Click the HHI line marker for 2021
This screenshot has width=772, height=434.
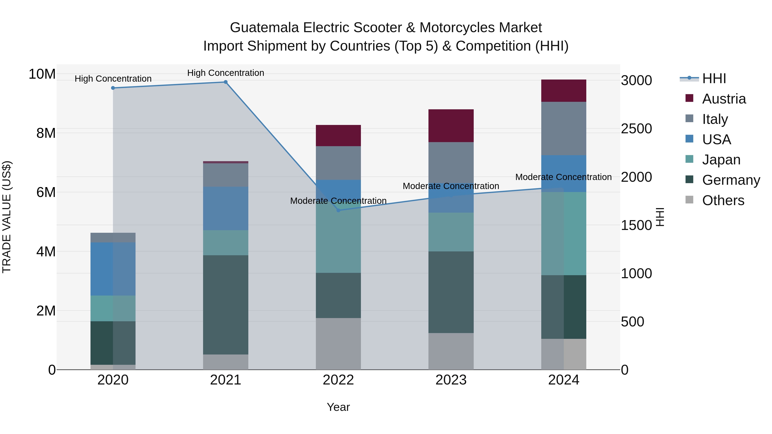tap(226, 82)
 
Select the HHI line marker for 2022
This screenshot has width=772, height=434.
tap(338, 210)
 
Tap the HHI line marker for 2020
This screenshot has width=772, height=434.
tap(113, 88)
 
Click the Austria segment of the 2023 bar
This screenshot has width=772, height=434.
tap(451, 126)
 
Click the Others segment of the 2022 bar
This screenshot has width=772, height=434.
tap(338, 344)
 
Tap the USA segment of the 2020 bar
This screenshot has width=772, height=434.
tap(113, 269)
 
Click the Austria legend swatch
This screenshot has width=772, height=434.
tap(689, 98)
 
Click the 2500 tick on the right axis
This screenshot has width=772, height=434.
tap(636, 129)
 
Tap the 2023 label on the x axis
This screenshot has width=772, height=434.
tap(451, 380)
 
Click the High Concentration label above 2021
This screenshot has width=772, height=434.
tap(226, 73)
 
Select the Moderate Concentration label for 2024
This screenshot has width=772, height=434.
tap(563, 177)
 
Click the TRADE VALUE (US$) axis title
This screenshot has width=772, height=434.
tap(7, 217)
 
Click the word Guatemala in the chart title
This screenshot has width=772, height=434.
tap(264, 28)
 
